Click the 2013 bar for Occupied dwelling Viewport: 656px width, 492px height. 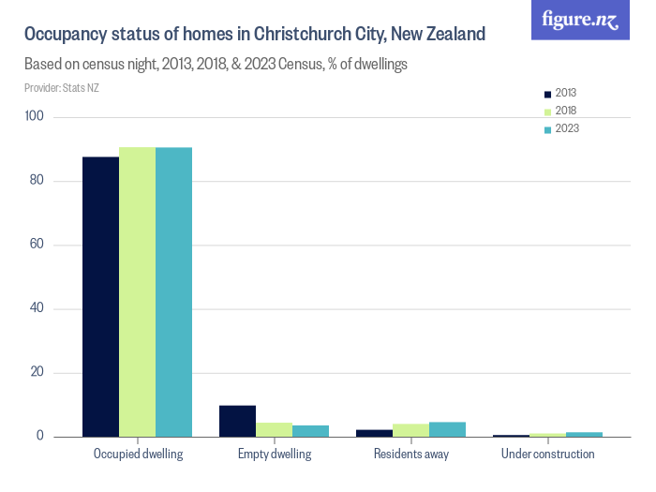(x=100, y=296)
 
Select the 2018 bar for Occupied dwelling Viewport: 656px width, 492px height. (x=137, y=291)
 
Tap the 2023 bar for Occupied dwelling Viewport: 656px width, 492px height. (x=173, y=291)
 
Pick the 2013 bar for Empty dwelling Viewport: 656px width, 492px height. (x=237, y=421)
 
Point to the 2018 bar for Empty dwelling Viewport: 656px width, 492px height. (x=274, y=429)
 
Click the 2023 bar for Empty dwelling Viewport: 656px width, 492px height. (x=310, y=431)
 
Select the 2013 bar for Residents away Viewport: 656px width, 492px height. (x=374, y=433)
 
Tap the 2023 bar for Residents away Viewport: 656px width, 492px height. (x=447, y=429)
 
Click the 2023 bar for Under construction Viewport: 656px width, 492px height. (x=584, y=434)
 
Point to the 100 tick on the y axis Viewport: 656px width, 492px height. (x=36, y=116)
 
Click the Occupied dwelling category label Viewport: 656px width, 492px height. (x=138, y=455)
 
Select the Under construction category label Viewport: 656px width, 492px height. (x=547, y=455)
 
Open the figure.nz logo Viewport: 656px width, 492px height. (x=581, y=20)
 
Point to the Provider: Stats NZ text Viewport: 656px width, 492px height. (x=62, y=88)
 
